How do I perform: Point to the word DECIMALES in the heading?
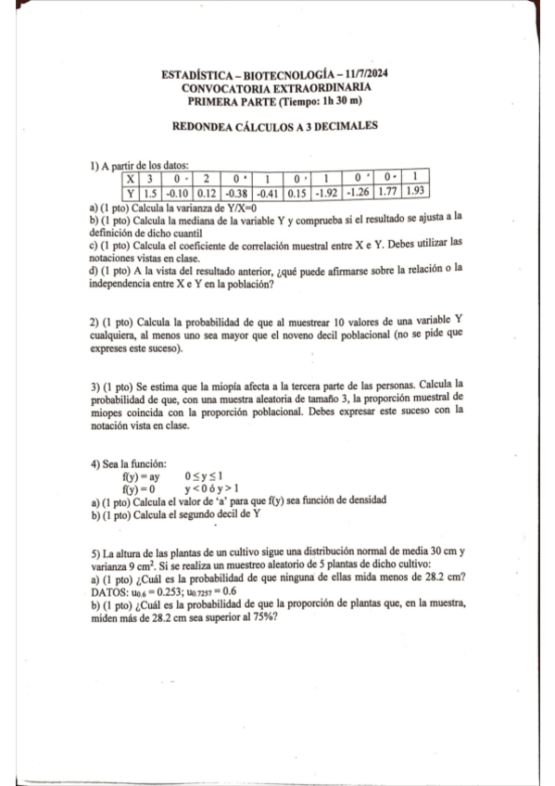point(346,127)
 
